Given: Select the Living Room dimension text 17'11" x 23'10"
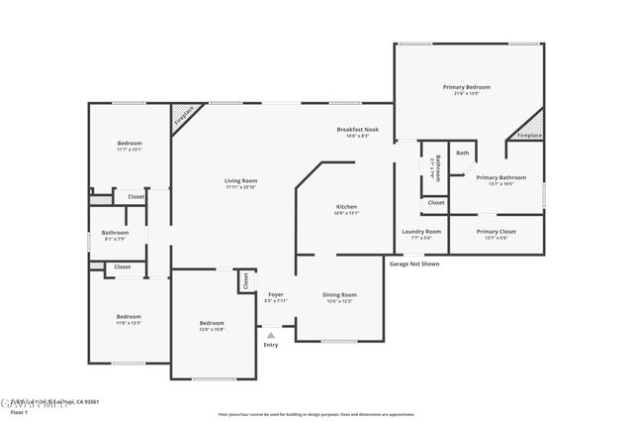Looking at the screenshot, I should click(x=240, y=187).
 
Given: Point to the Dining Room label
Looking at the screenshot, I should click(x=339, y=294).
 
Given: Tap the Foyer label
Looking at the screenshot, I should click(x=276, y=294).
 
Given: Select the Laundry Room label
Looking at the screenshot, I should click(x=421, y=231).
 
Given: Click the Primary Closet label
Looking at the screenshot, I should click(x=496, y=231).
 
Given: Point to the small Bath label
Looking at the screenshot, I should click(x=462, y=153).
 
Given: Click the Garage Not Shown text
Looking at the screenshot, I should click(x=414, y=264).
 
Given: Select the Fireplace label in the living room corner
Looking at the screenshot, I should click(x=183, y=118).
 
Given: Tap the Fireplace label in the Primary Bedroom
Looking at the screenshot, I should click(x=529, y=134).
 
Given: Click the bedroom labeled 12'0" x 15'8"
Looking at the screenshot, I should click(x=212, y=323).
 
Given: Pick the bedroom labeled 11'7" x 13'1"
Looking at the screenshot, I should click(x=130, y=144).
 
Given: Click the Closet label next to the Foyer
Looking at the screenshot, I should click(x=243, y=281).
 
